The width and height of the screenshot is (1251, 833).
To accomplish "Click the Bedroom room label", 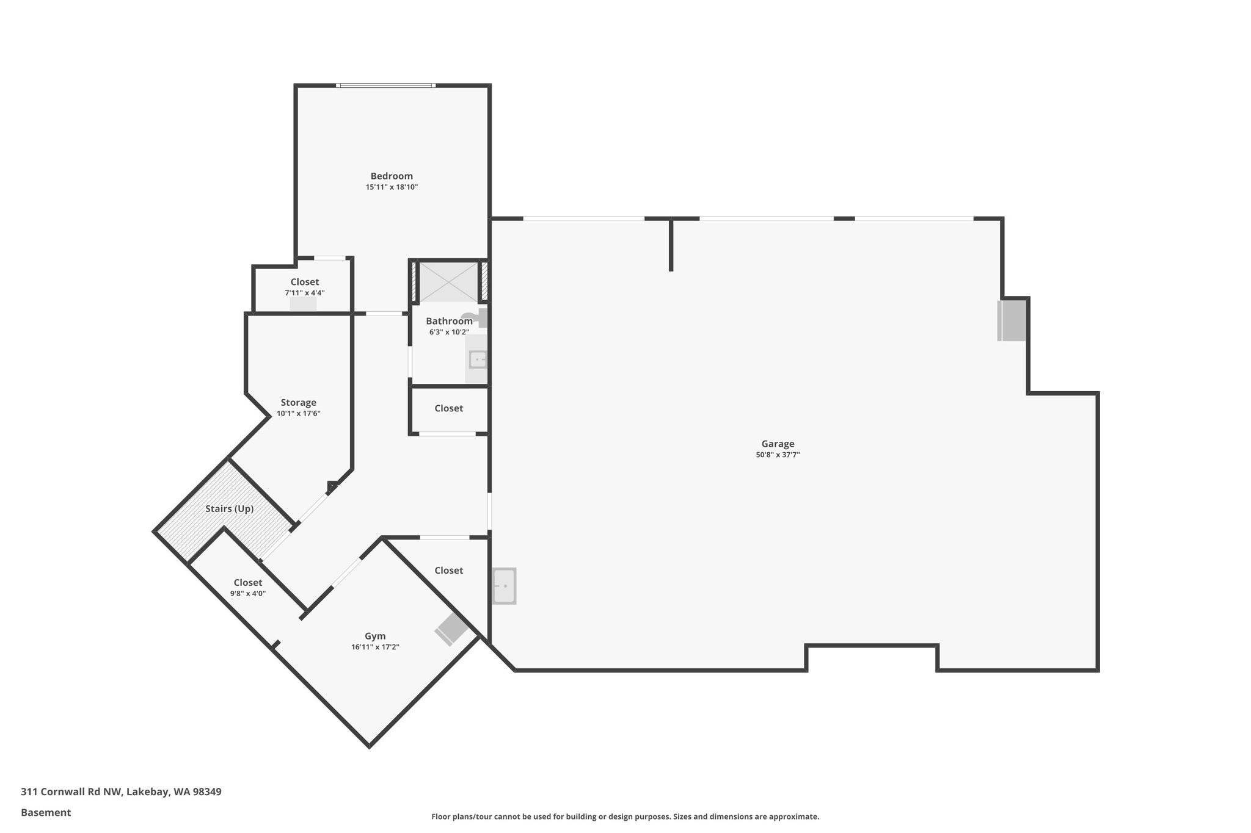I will coord(392,176).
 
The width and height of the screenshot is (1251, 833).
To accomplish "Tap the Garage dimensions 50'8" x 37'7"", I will coord(778,455).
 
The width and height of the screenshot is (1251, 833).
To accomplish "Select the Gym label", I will coord(375,636).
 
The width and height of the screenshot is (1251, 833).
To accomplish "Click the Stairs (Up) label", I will coord(229,509).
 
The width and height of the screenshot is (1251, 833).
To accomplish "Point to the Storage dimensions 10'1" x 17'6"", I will coord(298,414).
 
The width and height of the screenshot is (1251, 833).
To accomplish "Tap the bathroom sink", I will coord(478,360).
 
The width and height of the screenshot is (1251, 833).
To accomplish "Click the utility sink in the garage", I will coord(505,586).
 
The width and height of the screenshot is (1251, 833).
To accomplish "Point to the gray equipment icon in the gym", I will coord(451,629).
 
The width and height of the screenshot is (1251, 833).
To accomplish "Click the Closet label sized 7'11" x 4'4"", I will coord(304,282).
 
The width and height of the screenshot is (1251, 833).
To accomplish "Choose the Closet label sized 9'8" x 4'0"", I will coord(247,583).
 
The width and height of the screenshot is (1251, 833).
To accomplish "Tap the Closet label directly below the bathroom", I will coord(448,408).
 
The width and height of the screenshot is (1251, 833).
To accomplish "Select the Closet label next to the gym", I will coord(448,571).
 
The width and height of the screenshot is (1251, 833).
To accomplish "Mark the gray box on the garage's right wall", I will coord(1012,320).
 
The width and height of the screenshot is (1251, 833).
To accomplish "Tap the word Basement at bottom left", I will coord(46,813).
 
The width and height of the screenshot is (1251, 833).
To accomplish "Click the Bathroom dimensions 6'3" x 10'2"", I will coord(448,333).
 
